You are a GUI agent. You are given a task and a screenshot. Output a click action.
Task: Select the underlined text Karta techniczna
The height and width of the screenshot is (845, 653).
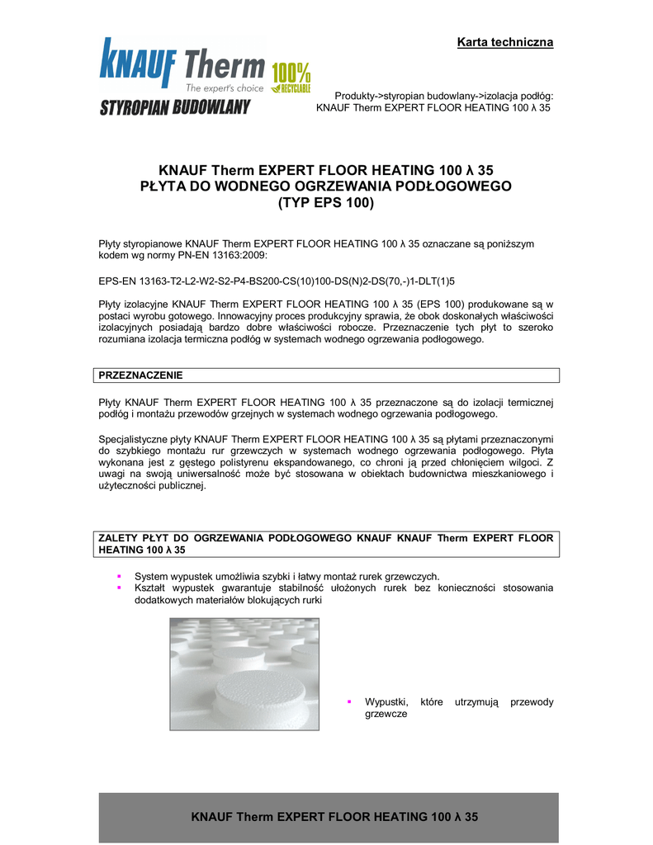tap(505, 42)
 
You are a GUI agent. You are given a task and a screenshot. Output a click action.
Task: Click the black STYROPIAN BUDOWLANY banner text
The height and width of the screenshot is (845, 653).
tap(176, 108)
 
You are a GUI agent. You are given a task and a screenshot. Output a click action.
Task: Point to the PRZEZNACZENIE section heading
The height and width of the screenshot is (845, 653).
tap(141, 375)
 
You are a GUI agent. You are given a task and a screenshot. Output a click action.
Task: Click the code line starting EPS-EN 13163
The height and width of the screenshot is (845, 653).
tap(277, 281)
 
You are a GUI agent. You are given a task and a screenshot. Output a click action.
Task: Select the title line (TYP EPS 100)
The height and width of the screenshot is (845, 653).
tap(325, 203)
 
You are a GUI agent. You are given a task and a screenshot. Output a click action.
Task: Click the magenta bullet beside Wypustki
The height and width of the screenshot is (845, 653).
tap(349, 701)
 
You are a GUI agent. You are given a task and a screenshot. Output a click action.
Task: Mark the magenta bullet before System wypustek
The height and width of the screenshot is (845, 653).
tap(120, 576)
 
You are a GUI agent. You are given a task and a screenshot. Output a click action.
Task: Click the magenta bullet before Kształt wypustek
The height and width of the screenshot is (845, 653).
tap(120, 588)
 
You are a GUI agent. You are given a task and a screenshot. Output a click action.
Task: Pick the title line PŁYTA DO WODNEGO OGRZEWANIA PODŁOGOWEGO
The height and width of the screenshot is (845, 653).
tap(325, 186)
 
